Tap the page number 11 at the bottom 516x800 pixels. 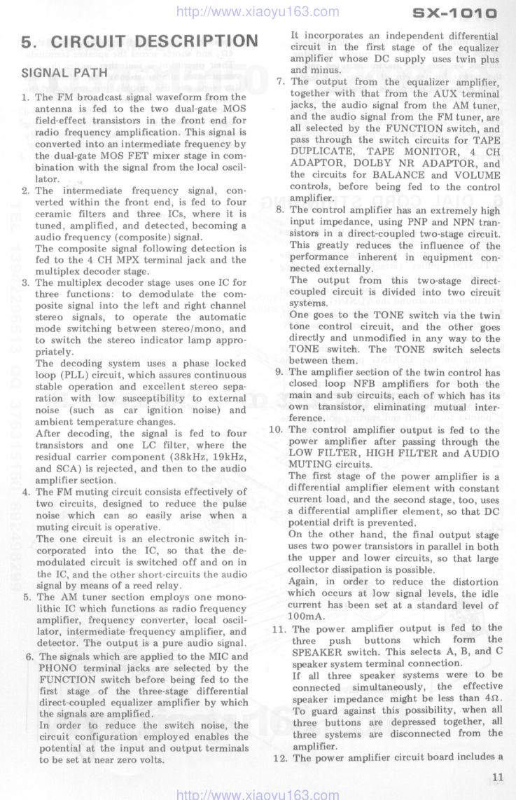(497, 775)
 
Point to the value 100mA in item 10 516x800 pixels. (305, 616)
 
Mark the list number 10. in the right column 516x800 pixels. (277, 430)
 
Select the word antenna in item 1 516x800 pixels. (55, 109)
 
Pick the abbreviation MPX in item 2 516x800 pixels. (130, 260)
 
